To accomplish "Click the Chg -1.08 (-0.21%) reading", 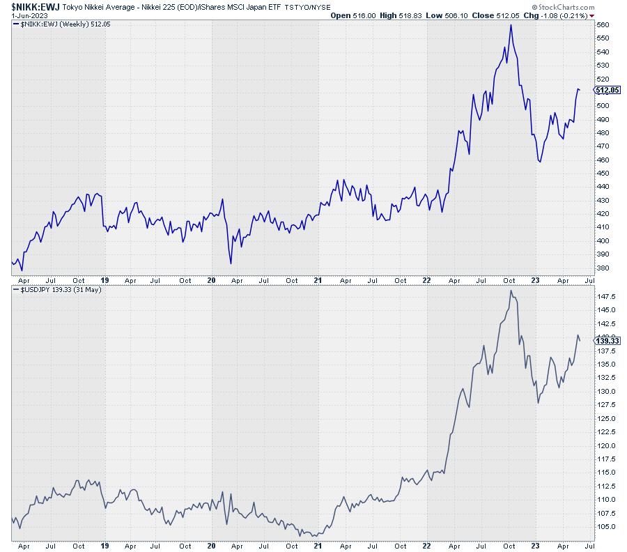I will point(556,15).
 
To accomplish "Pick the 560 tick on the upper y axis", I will point(603,24).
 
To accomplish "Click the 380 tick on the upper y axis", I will point(603,268).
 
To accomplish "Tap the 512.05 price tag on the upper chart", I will point(606,90).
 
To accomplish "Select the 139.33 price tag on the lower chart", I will point(606,340).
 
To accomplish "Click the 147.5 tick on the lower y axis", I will point(605,296).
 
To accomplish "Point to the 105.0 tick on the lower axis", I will point(605,526).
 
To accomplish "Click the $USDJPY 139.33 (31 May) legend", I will point(61,289).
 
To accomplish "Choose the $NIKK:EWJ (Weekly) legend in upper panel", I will point(57,24).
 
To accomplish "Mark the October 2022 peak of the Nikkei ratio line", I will point(511,25).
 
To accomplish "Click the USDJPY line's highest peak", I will point(511,291).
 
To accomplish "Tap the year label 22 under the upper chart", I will point(427,280).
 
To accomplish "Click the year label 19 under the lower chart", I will point(105,546).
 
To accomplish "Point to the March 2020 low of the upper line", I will point(231,263).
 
